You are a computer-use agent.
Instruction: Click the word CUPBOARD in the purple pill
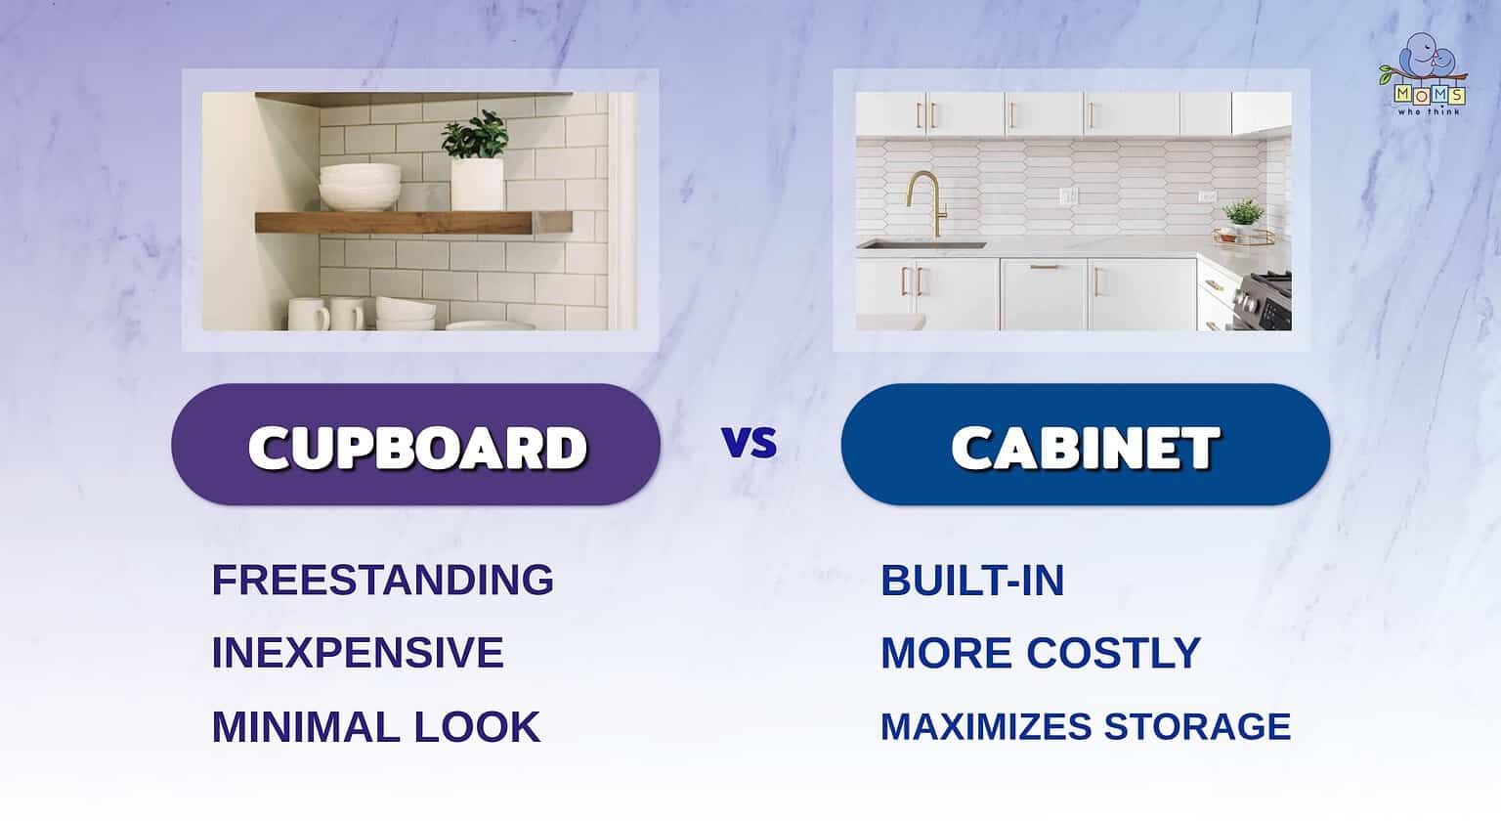(417, 448)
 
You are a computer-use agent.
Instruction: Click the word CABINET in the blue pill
(1085, 448)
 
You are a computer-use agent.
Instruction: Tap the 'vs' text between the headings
(750, 443)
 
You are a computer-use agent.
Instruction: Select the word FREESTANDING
(382, 580)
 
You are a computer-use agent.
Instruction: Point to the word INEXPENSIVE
(357, 653)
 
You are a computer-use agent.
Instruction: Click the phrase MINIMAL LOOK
(375, 727)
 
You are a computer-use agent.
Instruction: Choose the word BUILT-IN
(971, 581)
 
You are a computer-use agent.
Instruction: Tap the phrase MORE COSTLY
(1040, 653)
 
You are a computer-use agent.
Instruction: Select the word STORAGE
(1197, 727)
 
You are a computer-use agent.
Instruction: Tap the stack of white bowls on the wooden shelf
(360, 187)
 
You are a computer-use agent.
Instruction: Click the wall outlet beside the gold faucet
(1068, 196)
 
